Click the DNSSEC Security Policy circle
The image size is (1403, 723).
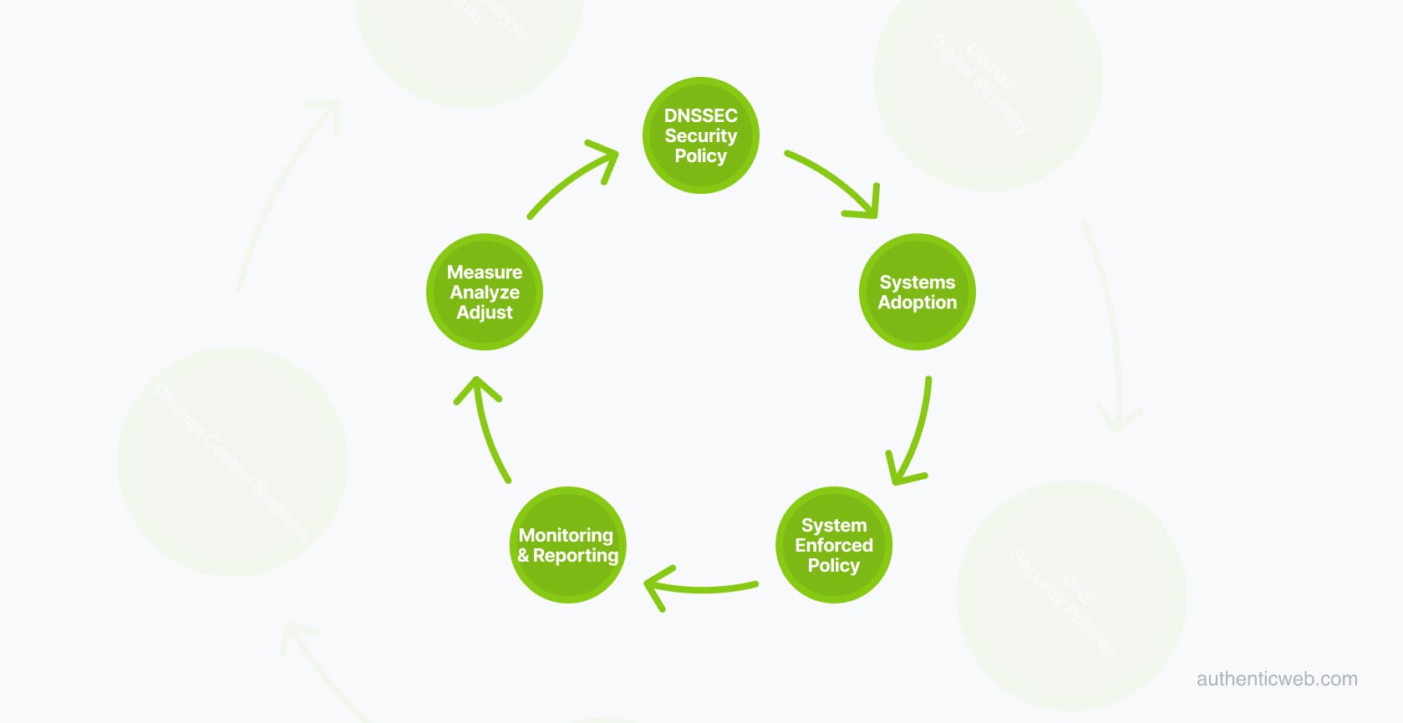pos(700,135)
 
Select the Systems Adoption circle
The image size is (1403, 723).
pos(917,292)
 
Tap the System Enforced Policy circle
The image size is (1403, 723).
pos(834,545)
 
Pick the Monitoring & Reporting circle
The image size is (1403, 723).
pos(567,545)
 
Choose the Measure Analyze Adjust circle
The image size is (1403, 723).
pos(485,292)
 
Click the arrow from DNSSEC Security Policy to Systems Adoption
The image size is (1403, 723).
pos(836,182)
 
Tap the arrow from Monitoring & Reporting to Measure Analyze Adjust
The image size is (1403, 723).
pos(487,430)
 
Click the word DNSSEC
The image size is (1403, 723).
pos(700,115)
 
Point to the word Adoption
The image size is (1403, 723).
pos(917,303)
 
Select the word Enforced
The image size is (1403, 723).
pos(834,545)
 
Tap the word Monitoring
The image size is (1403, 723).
pos(566,535)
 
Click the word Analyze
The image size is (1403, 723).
pos(485,292)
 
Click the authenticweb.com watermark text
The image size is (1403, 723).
pos(1276,679)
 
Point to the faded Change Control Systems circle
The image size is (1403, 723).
pos(232,461)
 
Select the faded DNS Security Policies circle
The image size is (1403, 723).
pos(1071,596)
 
